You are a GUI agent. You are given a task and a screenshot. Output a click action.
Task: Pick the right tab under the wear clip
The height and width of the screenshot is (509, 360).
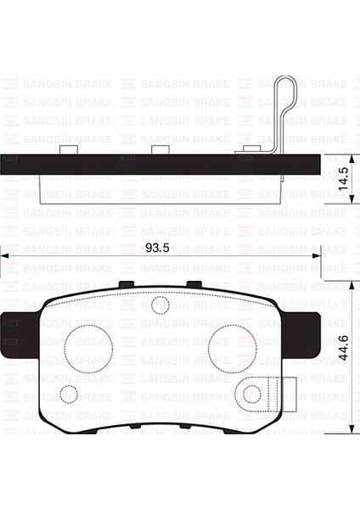point(250,150)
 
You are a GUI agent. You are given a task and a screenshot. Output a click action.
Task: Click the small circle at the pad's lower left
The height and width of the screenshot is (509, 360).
point(70,393)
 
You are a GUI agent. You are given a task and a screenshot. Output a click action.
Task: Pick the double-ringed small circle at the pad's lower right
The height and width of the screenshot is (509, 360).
point(252,393)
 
